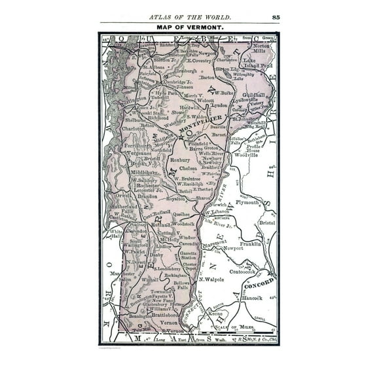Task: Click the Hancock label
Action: pos(251,298)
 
